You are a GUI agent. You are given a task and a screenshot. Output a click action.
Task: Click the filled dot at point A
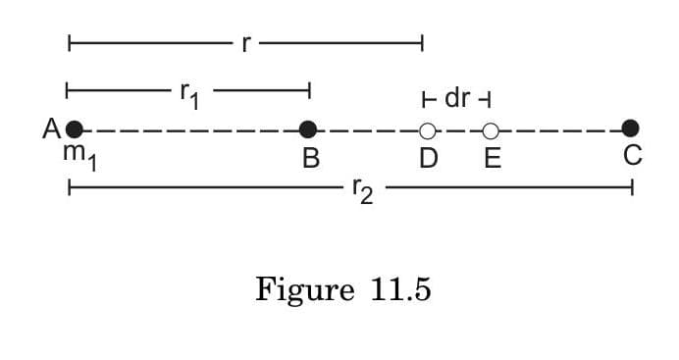point(75,129)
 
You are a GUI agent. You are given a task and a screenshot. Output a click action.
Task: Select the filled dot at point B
point(308,129)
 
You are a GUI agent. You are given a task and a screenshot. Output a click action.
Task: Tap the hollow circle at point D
point(427,129)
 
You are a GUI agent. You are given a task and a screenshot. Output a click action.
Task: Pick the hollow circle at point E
point(491,129)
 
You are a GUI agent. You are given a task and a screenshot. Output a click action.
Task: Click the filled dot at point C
point(631,129)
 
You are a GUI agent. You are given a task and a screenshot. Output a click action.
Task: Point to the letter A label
point(51,129)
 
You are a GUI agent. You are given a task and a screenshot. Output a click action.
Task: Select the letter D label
point(428,158)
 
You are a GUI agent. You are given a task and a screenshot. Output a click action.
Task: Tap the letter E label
point(492,158)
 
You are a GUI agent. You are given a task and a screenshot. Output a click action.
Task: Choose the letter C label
point(632,156)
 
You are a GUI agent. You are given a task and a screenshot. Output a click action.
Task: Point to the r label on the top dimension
point(245,43)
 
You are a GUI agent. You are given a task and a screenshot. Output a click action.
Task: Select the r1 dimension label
point(189,95)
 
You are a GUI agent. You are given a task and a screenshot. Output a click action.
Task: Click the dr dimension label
point(457,99)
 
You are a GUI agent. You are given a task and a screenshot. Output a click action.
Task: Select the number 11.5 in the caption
point(400,290)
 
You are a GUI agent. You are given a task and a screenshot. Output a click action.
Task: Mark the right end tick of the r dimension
point(422,43)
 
